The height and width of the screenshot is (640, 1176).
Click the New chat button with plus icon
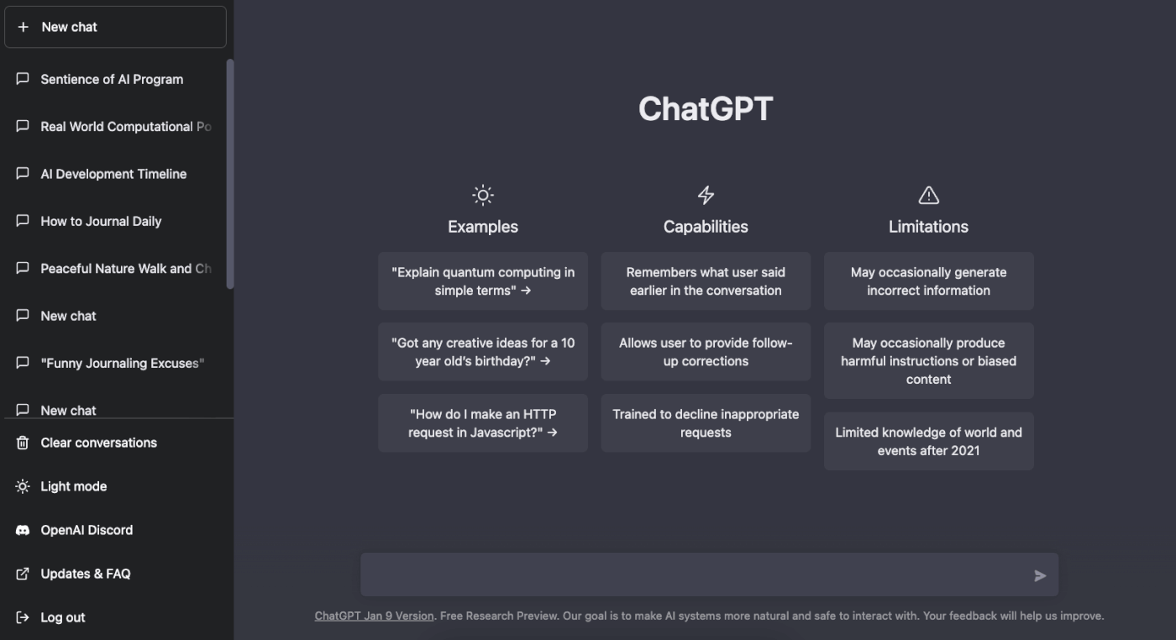tap(115, 27)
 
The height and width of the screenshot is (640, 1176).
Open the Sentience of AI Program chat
tap(112, 79)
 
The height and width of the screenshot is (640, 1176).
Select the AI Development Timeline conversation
tap(113, 174)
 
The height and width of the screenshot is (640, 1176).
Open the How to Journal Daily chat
tap(101, 221)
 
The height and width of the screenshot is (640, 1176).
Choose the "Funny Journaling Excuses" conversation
tap(122, 363)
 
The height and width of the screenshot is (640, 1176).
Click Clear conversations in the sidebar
tap(98, 443)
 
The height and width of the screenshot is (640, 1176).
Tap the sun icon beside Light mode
tap(23, 486)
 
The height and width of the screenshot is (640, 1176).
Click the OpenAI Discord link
tap(87, 530)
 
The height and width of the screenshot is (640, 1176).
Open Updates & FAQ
tap(85, 574)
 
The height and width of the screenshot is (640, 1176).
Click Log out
tap(63, 617)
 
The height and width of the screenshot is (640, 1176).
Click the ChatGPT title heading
tap(705, 109)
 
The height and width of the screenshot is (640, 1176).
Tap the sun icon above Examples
tap(483, 196)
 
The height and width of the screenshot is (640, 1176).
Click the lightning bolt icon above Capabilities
tap(706, 196)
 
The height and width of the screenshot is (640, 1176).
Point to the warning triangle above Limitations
tap(928, 196)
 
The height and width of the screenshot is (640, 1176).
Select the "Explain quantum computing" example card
tap(483, 281)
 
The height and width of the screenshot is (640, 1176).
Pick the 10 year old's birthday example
tap(483, 352)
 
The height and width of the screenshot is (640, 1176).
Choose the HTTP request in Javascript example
tap(483, 423)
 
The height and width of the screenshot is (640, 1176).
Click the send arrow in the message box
tap(1040, 575)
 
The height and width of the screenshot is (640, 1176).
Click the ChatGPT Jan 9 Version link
tap(374, 616)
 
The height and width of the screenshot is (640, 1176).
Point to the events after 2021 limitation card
tap(928, 441)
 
